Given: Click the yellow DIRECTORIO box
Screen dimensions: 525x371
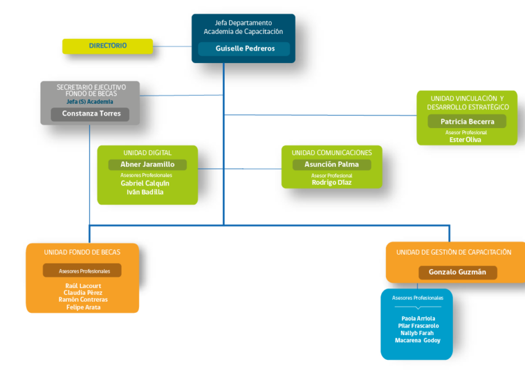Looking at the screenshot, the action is (107, 46).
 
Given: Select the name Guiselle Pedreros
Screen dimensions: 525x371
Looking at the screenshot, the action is (245, 49).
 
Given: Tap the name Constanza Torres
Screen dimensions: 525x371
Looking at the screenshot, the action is (91, 114).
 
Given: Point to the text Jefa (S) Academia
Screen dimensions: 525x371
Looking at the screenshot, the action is (90, 102).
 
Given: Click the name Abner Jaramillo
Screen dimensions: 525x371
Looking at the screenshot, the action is (148, 164).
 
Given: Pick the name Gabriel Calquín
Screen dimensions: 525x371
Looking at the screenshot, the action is (145, 183).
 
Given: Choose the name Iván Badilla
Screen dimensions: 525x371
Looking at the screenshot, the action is (145, 192).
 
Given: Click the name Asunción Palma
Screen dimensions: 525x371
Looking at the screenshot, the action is (332, 164).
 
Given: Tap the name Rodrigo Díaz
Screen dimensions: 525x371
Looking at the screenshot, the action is (332, 182).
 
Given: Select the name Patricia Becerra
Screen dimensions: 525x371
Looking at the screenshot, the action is (467, 122).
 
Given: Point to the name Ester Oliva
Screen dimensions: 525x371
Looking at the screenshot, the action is (465, 140).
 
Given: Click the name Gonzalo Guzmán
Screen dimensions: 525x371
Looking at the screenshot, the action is (457, 272).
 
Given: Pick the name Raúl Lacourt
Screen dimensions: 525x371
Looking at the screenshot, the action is (83, 286).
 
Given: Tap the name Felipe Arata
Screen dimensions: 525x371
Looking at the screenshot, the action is (83, 307).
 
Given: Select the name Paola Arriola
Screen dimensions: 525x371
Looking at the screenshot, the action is (418, 318).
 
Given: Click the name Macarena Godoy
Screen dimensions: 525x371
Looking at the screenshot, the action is (418, 341).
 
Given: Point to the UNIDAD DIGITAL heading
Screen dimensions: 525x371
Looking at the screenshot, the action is (148, 153).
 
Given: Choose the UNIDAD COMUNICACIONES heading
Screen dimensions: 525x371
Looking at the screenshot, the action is (332, 153).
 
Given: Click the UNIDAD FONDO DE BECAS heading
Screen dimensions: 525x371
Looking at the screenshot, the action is (82, 252).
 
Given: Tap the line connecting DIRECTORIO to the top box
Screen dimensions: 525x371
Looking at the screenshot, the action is (172, 46).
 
